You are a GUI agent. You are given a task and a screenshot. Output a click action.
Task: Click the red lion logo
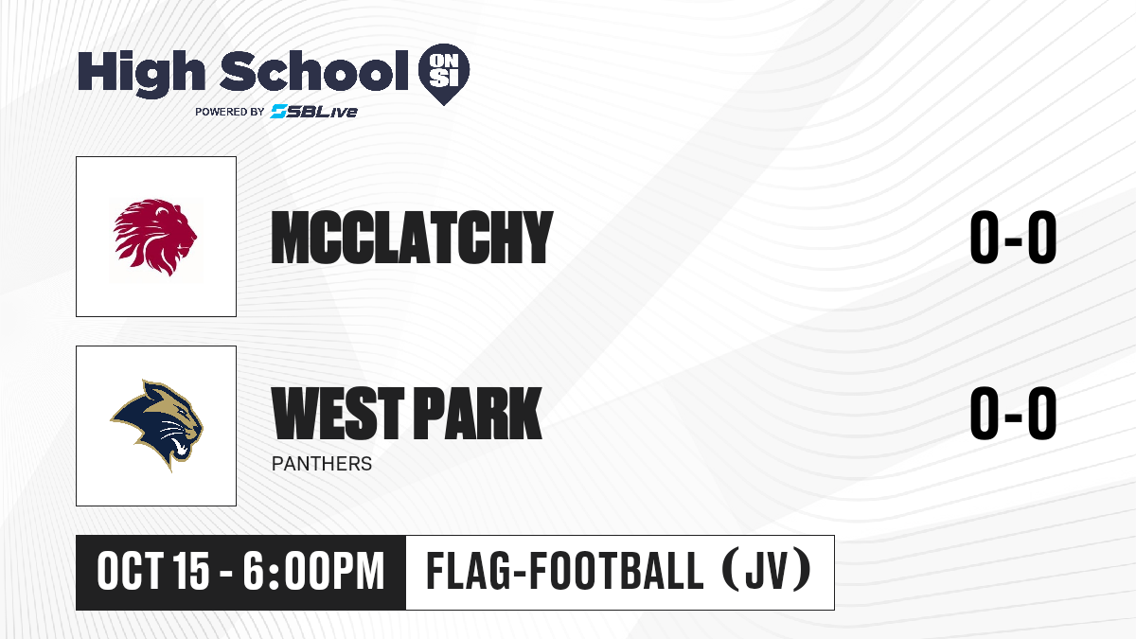(155, 237)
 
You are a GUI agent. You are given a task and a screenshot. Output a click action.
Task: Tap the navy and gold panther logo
(157, 425)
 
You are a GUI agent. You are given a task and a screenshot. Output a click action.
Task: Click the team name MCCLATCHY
(412, 238)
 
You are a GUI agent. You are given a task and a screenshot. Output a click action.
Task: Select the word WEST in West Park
(338, 413)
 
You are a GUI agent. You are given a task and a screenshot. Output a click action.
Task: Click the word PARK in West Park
(479, 413)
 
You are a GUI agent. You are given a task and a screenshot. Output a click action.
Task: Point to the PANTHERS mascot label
(322, 464)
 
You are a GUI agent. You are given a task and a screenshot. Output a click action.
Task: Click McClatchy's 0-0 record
(1013, 238)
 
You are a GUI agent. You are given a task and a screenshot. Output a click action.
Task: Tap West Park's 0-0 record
(1013, 413)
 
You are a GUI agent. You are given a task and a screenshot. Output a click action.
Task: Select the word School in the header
(314, 71)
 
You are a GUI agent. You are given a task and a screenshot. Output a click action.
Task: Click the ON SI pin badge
(444, 74)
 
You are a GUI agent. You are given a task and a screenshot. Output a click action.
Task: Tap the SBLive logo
(314, 112)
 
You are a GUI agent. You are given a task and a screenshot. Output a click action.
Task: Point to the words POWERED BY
(230, 112)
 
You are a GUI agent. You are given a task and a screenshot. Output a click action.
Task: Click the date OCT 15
(153, 572)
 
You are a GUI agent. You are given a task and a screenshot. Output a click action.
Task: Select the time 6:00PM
(313, 572)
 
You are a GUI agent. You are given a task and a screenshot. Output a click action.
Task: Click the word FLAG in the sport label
(468, 572)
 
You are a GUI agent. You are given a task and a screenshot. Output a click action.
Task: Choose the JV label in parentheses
(767, 572)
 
